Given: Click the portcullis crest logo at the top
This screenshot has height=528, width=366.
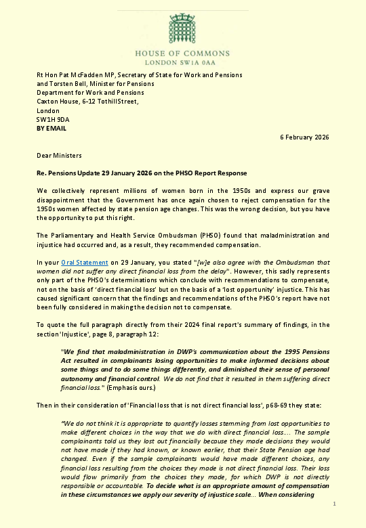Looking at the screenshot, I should [x=182, y=27].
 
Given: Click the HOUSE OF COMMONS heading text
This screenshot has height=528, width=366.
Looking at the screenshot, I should [x=182, y=52].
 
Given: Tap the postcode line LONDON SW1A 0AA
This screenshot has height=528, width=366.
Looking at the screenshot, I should [x=182, y=61].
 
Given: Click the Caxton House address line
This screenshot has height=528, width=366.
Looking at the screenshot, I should [x=87, y=102].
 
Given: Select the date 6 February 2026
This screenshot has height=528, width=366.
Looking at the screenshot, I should [x=304, y=137].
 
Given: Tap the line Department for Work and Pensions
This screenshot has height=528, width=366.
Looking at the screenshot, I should [x=90, y=93].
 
